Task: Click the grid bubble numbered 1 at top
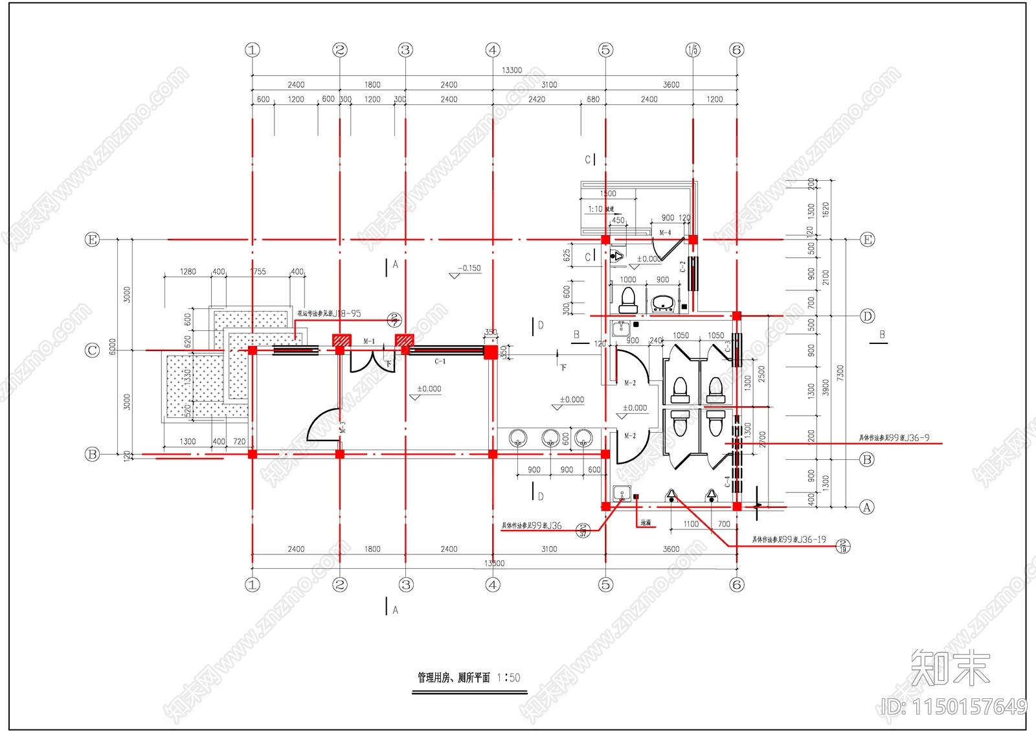click(253, 50)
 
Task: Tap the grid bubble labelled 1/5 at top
click(693, 50)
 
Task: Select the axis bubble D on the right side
click(867, 316)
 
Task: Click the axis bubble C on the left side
click(93, 350)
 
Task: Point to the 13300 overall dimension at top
click(512, 70)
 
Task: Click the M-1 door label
click(369, 341)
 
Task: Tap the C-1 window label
click(440, 361)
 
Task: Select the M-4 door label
click(665, 233)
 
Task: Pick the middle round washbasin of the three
click(550, 438)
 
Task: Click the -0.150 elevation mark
click(469, 268)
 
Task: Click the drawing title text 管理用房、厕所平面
click(453, 678)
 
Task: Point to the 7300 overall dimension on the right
click(840, 373)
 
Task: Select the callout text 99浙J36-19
click(804, 539)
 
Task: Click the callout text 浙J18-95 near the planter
click(346, 314)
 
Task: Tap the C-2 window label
click(682, 267)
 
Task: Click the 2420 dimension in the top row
click(536, 99)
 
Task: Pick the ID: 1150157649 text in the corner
click(954, 707)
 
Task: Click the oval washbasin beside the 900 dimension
click(662, 303)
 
